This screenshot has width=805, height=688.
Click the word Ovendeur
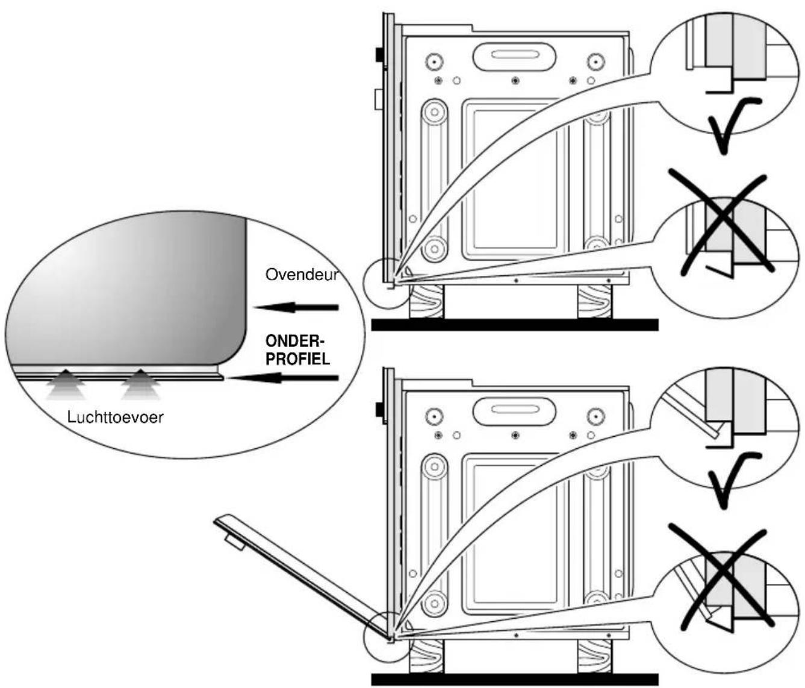point(302,275)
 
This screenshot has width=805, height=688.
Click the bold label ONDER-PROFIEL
point(298,350)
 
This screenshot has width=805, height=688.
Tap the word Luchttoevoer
point(115,417)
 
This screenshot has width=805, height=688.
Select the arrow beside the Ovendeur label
point(296,307)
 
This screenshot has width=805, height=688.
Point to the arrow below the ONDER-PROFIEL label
point(283,377)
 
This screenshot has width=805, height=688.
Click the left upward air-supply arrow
point(66,384)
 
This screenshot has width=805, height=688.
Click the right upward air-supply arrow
point(141,384)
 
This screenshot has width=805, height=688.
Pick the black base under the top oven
point(515,325)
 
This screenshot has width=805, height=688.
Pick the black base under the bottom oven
point(515,680)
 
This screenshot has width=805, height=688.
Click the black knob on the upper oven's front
point(378,55)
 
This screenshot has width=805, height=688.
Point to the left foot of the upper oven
point(426,302)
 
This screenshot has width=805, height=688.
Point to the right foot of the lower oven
point(594,657)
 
